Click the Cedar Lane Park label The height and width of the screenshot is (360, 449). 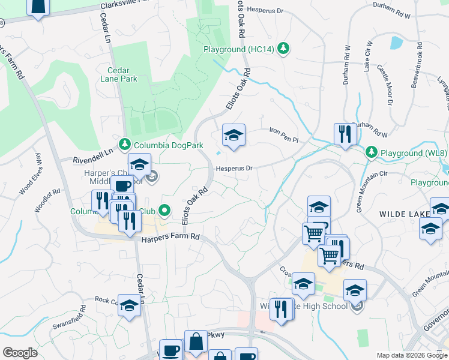tap(118, 74)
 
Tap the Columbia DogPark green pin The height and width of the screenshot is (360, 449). tap(125, 144)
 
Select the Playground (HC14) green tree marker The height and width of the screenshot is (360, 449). tap(284, 49)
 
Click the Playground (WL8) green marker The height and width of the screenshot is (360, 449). tap(372, 153)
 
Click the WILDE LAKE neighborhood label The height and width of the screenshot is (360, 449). tap(403, 214)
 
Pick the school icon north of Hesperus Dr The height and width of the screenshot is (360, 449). tap(234, 134)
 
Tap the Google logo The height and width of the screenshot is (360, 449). tap(20, 353)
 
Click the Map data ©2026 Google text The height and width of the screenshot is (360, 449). tap(412, 355)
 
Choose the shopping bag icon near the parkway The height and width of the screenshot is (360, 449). tap(196, 343)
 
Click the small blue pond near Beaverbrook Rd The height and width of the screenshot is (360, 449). tap(396, 42)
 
